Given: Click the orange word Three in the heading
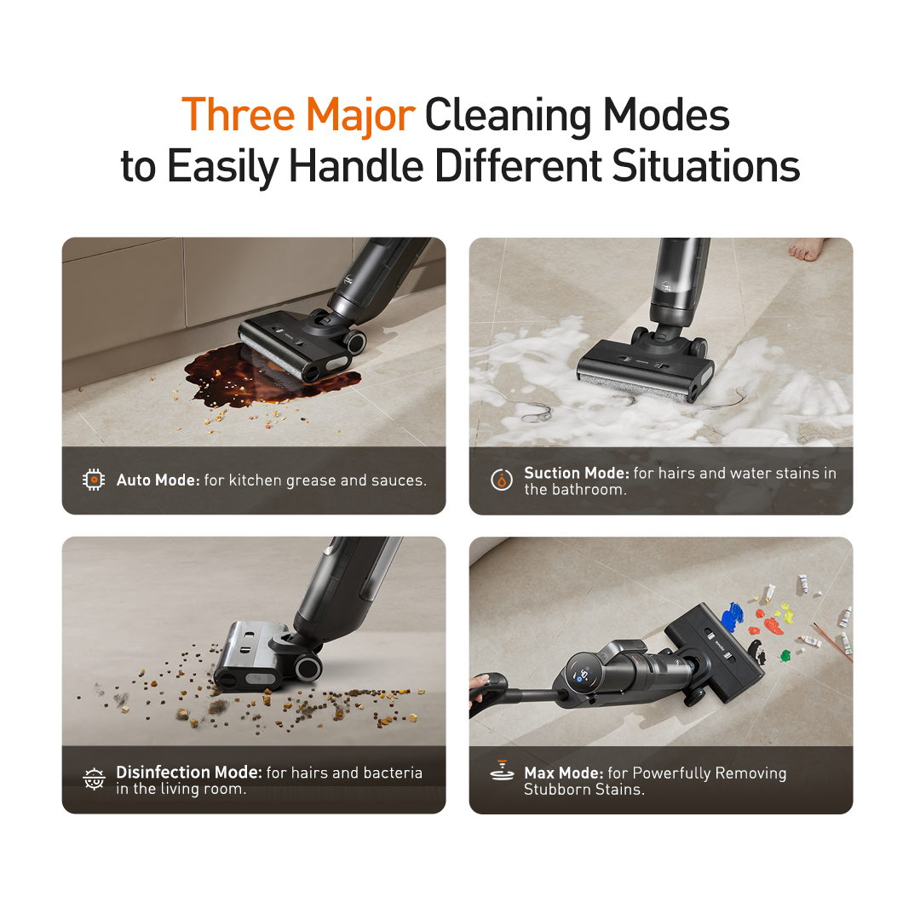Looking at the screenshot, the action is [239, 114].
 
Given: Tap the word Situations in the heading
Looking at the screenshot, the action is [706, 166].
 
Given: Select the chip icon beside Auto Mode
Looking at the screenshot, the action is [94, 480].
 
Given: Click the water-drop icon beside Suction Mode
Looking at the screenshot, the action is [501, 480].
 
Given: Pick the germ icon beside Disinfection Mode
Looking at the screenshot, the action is [94, 779].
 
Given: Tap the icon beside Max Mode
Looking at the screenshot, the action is [502, 771].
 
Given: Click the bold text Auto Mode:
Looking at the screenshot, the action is [158, 480].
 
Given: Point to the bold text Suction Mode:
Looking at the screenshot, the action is [576, 473].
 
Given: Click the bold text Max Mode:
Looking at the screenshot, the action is [564, 773].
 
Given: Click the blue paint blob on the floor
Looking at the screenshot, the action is [732, 617].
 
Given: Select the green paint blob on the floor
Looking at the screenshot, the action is [785, 655].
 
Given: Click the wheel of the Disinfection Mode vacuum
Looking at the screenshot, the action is [308, 668].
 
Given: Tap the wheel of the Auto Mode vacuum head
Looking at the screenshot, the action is [355, 341].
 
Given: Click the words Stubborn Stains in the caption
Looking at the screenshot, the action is [584, 789].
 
